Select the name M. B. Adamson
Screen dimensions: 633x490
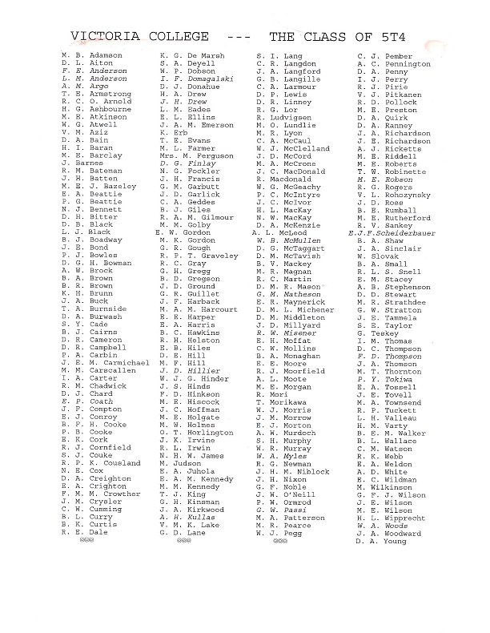tap(90, 55)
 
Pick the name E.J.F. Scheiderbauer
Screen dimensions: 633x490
tap(388, 232)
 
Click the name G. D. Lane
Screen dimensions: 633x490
tap(182, 532)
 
